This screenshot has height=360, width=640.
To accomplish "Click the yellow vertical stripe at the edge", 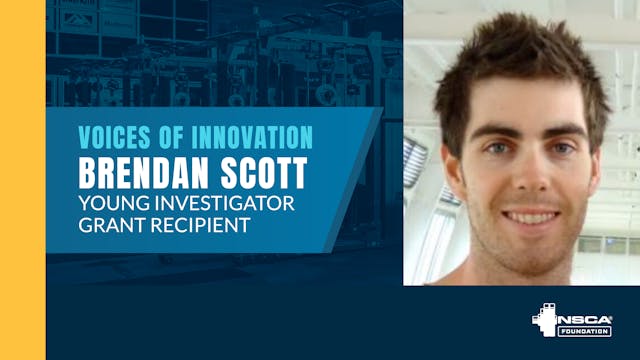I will coord(22,180).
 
